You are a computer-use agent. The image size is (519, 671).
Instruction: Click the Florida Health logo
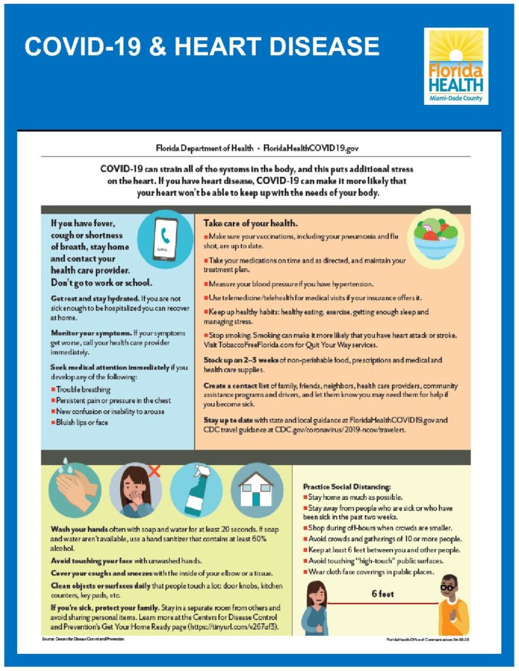tap(455, 66)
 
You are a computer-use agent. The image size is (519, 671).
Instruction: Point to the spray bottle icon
tap(196, 490)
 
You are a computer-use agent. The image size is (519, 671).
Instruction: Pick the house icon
tap(257, 489)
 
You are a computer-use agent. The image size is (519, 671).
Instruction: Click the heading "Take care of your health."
tap(245, 223)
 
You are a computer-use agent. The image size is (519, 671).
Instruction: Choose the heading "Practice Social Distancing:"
tap(346, 487)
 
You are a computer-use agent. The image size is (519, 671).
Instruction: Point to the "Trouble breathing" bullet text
tap(84, 389)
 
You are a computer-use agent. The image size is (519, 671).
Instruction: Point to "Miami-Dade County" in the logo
tap(455, 98)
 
